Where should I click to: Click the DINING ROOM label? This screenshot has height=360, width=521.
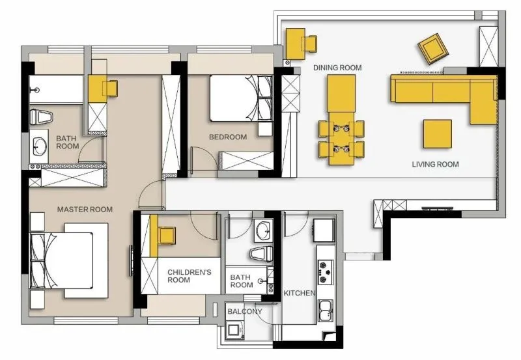click(x=337, y=68)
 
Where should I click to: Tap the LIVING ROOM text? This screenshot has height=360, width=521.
click(x=435, y=164)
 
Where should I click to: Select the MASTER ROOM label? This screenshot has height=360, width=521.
click(x=85, y=209)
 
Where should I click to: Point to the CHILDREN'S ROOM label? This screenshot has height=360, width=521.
click(x=189, y=276)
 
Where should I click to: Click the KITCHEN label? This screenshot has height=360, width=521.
click(x=300, y=293)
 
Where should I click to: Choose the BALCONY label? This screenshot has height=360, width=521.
click(x=245, y=312)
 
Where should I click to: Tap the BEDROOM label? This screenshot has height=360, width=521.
click(x=228, y=137)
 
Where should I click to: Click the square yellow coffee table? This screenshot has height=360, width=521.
click(x=437, y=134)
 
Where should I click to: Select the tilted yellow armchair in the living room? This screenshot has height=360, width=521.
click(x=433, y=49)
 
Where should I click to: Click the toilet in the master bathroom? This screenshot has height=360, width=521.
click(x=41, y=117)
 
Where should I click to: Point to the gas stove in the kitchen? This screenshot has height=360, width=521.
click(x=325, y=272)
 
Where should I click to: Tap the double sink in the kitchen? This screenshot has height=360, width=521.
click(x=326, y=311)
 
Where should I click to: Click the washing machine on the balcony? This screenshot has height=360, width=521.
click(x=234, y=330)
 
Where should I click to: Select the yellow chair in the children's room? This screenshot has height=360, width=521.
click(x=167, y=236)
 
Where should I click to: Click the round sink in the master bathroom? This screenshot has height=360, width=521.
click(x=41, y=146)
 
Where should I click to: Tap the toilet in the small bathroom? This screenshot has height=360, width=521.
click(x=261, y=254)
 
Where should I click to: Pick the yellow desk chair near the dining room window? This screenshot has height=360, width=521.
click(x=309, y=44)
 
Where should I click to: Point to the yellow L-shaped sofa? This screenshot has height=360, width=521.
click(x=444, y=95)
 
